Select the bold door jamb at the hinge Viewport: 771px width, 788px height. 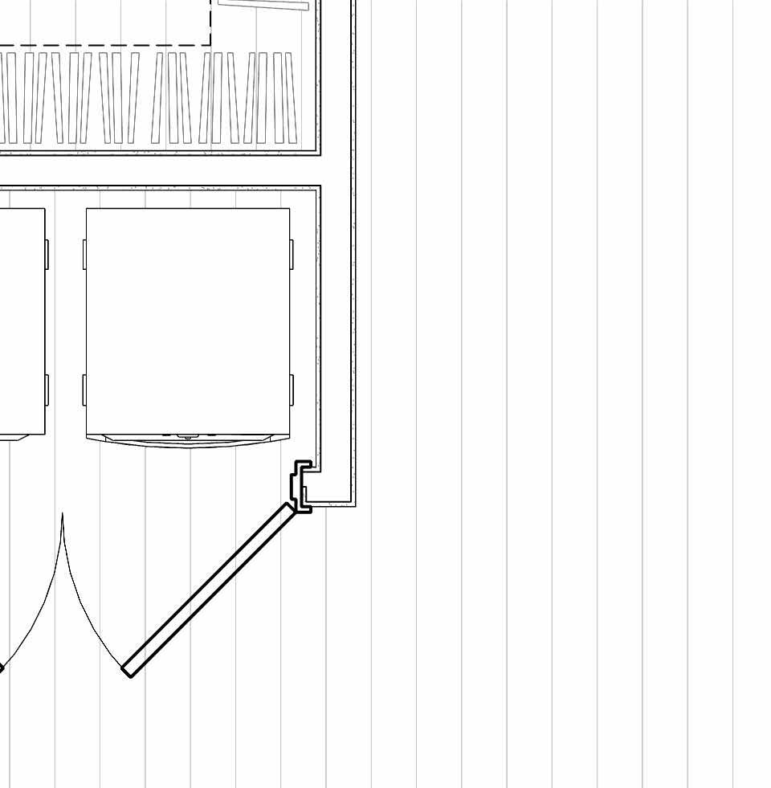point(301,486)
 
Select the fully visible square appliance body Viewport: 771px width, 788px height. point(188,321)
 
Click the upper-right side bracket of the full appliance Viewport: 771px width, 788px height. point(291,254)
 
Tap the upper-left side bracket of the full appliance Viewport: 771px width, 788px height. point(84,254)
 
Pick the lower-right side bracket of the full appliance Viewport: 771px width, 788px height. point(291,390)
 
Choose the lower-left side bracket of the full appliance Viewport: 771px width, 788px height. point(84,390)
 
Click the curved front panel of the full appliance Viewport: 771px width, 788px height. point(188,440)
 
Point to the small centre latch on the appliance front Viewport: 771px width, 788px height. point(188,438)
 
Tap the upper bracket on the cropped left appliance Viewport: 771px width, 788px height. point(47,254)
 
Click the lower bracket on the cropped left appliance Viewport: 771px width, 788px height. point(47,390)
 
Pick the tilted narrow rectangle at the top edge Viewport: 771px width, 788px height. point(263,5)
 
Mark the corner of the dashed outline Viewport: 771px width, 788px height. point(210,45)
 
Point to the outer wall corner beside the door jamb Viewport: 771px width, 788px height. point(353,504)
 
